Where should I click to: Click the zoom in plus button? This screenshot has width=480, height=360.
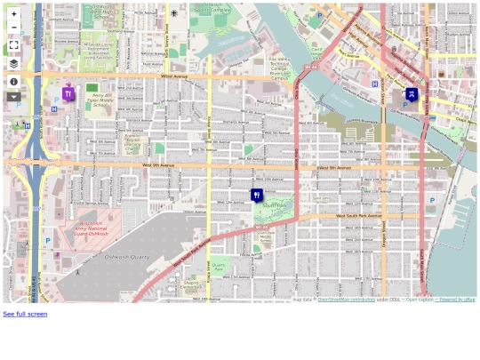tap(13, 14)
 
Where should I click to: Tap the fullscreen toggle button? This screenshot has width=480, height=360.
tap(13, 45)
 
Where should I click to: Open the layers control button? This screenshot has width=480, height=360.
tap(13, 64)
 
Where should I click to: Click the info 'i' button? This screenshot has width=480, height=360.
tap(13, 82)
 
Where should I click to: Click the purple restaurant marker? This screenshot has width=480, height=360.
tap(68, 92)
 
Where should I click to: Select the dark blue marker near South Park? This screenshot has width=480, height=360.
tap(257, 194)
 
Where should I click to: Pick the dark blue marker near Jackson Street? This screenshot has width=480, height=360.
tap(412, 93)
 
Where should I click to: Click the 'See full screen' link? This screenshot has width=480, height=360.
tap(25, 314)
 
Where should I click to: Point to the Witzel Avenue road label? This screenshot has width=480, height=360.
tap(174, 77)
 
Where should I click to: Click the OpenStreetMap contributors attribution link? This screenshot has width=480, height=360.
tap(346, 300)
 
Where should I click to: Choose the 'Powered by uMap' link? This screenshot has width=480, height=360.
tap(457, 300)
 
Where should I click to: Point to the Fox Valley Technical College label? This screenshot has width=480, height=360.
tap(281, 68)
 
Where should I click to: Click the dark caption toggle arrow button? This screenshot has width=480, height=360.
tap(13, 97)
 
